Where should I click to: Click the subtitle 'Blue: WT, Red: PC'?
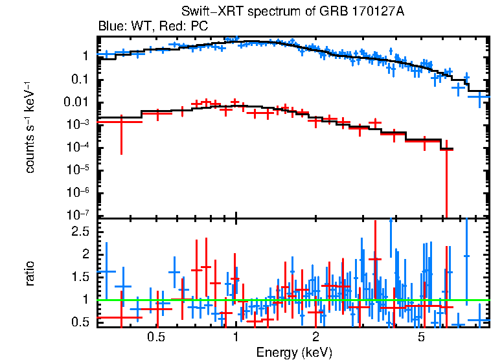153,27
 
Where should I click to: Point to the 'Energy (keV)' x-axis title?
294,352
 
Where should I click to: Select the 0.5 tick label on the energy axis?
155,337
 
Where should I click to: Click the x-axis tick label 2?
315,337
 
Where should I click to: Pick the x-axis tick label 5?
421,337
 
